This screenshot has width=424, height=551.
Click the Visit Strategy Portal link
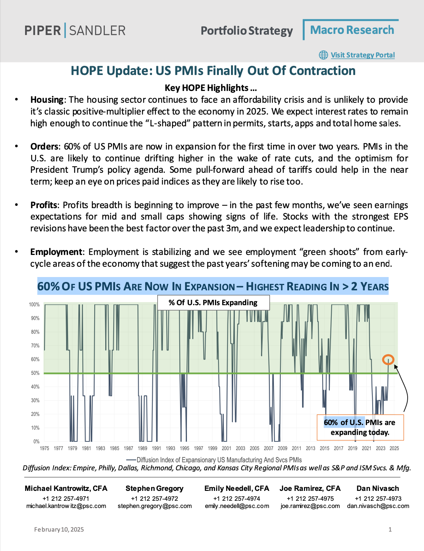click(x=362, y=55)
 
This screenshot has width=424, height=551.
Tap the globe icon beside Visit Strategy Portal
click(x=323, y=55)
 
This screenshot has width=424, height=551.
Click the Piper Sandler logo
click(x=75, y=30)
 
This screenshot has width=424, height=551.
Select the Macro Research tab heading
click(x=352, y=30)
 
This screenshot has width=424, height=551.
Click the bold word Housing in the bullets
click(x=47, y=100)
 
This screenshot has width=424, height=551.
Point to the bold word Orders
click(x=44, y=147)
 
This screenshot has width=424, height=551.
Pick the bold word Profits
click(x=44, y=205)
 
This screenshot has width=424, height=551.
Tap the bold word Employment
click(x=56, y=252)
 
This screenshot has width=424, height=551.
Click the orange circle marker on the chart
click(x=388, y=360)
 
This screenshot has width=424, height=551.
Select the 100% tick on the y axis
click(x=34, y=305)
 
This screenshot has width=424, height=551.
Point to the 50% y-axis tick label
click(x=35, y=373)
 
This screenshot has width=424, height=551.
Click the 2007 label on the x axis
click(x=269, y=448)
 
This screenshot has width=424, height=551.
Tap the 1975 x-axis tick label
click(x=44, y=448)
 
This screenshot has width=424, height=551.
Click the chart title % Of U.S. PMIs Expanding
click(x=213, y=303)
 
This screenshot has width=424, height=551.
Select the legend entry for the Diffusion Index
click(x=214, y=460)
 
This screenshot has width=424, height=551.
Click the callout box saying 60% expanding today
click(x=360, y=427)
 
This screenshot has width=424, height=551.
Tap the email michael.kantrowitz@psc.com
click(x=66, y=506)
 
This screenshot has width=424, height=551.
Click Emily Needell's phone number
click(x=237, y=498)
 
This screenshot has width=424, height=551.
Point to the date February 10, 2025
click(x=59, y=529)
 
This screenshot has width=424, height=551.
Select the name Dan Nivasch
click(x=378, y=488)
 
